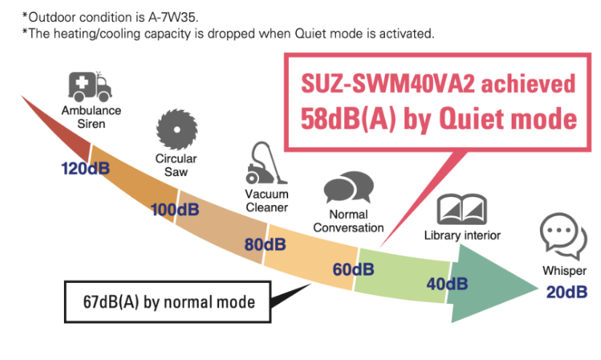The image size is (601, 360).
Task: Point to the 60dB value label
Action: [354, 269]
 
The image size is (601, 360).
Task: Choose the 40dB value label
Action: [447, 283]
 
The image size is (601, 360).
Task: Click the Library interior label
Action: [462, 235]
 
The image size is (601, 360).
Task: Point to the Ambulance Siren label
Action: [92, 118]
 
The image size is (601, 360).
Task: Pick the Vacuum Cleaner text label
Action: [266, 201]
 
